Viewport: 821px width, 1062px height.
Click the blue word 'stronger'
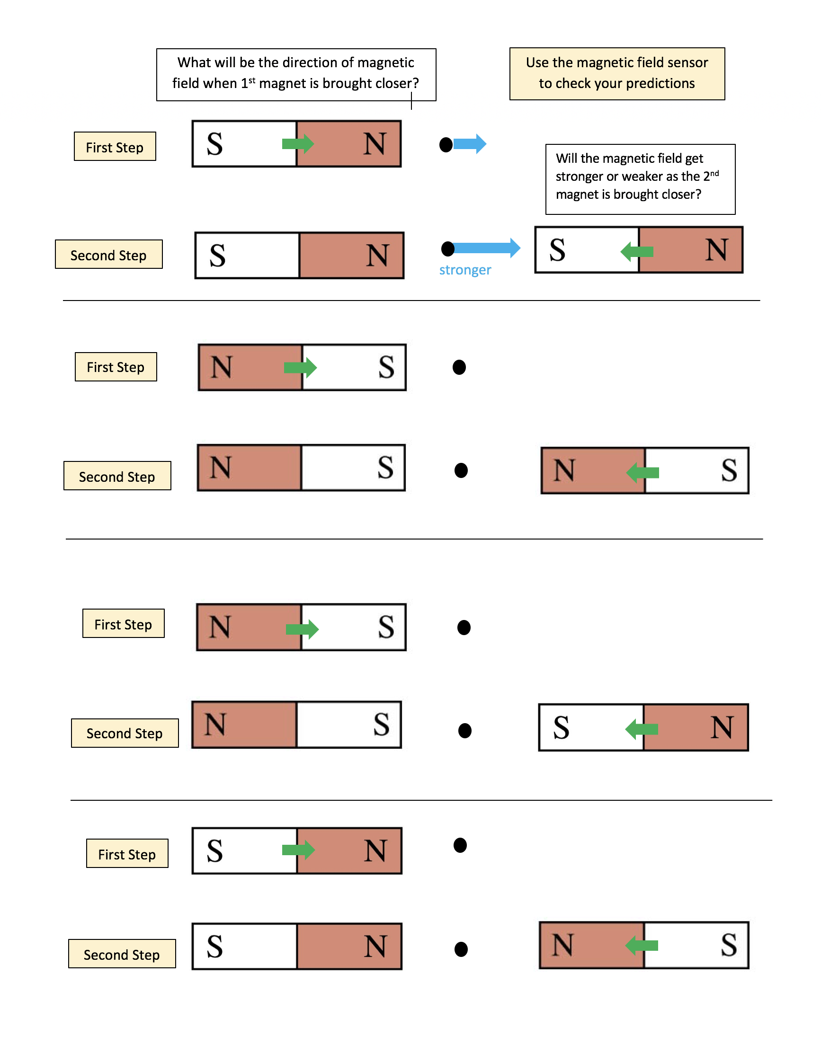pyautogui.click(x=464, y=270)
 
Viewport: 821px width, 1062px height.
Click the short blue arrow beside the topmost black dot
pyautogui.click(x=469, y=144)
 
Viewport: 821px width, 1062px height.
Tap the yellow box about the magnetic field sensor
pyautogui.click(x=617, y=73)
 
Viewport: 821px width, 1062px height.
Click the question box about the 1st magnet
pyautogui.click(x=296, y=74)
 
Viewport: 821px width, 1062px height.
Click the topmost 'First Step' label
pyautogui.click(x=115, y=146)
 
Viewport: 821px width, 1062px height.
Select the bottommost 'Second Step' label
pyautogui.click(x=122, y=954)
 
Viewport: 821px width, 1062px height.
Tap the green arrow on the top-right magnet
pyautogui.click(x=637, y=251)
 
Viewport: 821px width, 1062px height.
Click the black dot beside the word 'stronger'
pyautogui.click(x=447, y=249)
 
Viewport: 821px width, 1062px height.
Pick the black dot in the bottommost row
pyautogui.click(x=461, y=949)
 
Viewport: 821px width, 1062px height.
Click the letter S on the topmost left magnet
pyautogui.click(x=214, y=144)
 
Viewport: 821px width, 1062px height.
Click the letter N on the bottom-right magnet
pyautogui.click(x=563, y=945)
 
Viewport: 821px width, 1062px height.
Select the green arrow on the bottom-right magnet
pyautogui.click(x=641, y=945)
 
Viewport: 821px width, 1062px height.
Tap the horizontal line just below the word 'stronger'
pyautogui.click(x=411, y=301)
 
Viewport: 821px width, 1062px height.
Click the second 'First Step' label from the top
pyautogui.click(x=116, y=367)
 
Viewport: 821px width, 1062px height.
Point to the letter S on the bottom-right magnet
pyautogui.click(x=729, y=945)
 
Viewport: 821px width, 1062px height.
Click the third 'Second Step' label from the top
pyautogui.click(x=125, y=733)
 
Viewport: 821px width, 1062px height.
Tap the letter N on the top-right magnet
pyautogui.click(x=716, y=250)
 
